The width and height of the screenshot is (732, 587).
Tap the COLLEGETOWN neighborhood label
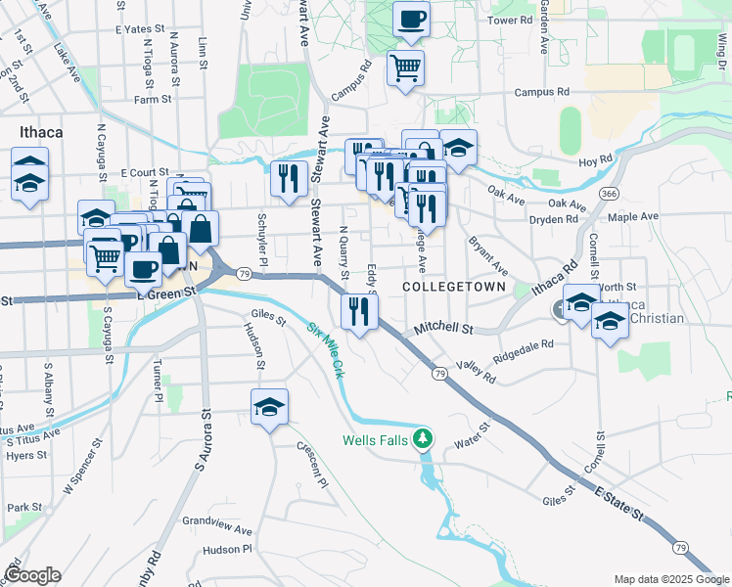454,287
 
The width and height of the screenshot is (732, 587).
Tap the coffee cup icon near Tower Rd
411,19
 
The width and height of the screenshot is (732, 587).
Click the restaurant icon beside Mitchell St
359,311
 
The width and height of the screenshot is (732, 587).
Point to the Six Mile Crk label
326,350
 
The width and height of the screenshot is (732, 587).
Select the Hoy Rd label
594,158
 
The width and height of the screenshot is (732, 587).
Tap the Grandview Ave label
217,520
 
